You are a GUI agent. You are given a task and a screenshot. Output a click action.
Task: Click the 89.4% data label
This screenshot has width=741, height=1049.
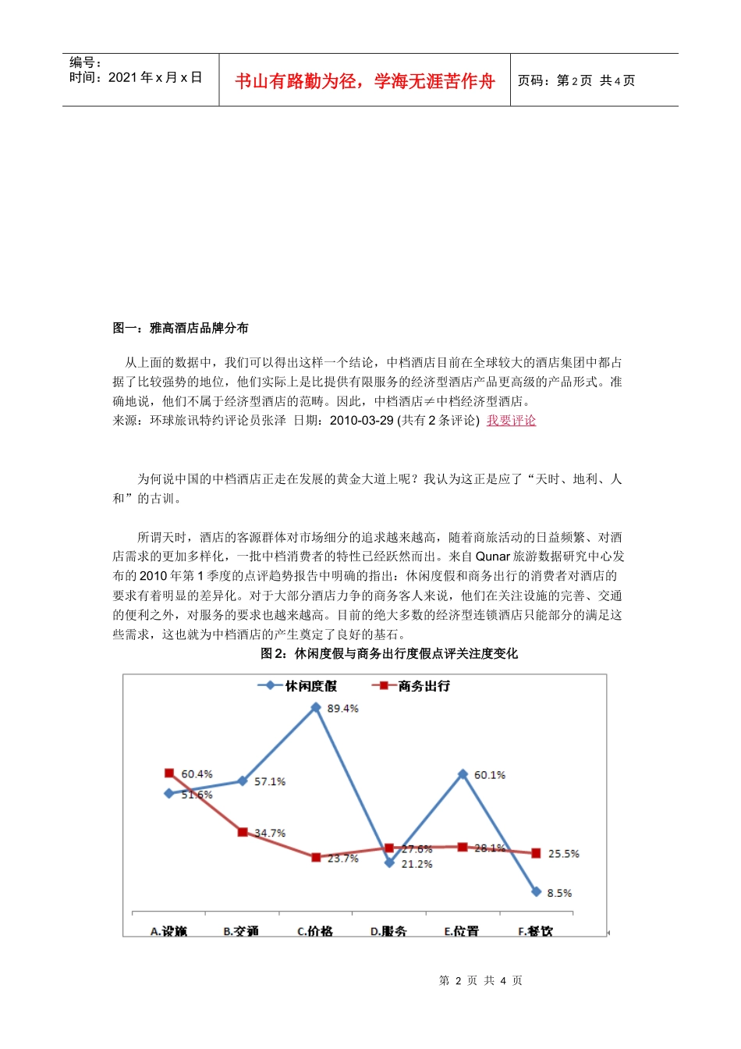point(342,709)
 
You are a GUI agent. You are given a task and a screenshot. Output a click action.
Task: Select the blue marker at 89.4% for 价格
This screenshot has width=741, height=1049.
point(316,707)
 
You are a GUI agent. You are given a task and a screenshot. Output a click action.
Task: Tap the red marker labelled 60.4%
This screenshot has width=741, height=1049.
point(169,773)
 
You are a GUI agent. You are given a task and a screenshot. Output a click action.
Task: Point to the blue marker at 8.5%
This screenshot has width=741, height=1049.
point(536,891)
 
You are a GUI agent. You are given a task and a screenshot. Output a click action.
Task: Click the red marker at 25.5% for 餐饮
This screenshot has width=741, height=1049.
point(536,853)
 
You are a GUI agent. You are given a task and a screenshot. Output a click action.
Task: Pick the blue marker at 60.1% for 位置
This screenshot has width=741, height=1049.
point(463,774)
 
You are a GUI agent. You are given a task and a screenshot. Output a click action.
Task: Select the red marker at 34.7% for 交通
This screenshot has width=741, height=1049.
point(243,832)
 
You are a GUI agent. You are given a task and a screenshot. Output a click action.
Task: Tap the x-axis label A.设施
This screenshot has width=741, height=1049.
point(168,930)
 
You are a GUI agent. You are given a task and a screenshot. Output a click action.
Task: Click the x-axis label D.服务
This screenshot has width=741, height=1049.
point(388,930)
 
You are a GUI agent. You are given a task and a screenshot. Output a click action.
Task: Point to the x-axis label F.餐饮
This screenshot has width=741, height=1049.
point(535,930)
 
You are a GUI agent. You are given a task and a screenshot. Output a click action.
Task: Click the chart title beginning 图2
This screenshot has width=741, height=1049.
point(388,653)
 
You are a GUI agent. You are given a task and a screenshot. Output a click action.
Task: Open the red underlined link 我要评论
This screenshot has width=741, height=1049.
point(511,421)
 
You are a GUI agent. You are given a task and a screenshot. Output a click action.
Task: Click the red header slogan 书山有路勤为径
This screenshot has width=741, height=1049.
point(364,81)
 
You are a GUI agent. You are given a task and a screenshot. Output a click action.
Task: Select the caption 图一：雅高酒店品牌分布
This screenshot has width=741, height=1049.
point(180,328)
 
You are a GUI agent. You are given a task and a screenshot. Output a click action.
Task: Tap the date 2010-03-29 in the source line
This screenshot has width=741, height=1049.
point(361,421)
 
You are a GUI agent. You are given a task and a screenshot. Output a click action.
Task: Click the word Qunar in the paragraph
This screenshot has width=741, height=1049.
point(492,557)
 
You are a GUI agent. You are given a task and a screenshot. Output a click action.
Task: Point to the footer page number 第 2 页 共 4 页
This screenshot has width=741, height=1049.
point(480,980)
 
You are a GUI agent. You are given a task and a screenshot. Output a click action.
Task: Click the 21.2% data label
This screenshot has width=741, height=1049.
point(417,864)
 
